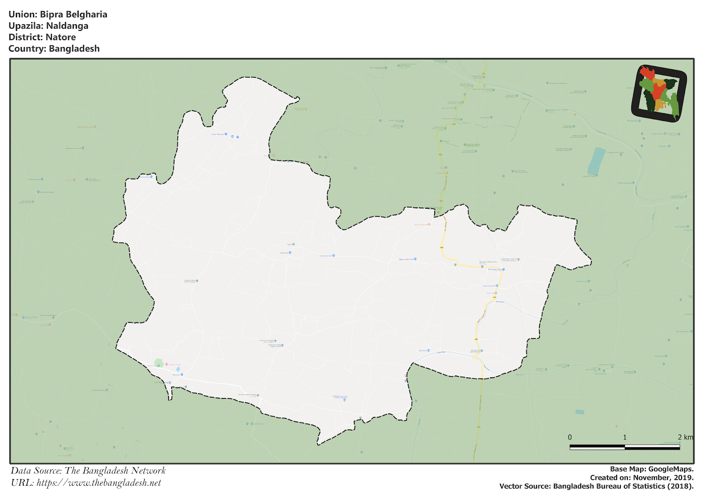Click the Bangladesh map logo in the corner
coord(659,93)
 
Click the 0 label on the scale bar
coord(570,437)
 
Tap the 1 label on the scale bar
coord(624,437)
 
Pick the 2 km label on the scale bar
coord(685,437)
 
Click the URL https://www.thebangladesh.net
coord(99,483)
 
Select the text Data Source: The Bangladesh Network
coord(88,471)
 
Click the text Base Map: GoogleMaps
coord(652,469)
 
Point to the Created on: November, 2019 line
coord(642,478)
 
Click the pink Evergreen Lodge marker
coord(167,365)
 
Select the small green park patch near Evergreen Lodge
coord(159,362)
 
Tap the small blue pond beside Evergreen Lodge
coord(178,369)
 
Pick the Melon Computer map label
coord(490,286)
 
